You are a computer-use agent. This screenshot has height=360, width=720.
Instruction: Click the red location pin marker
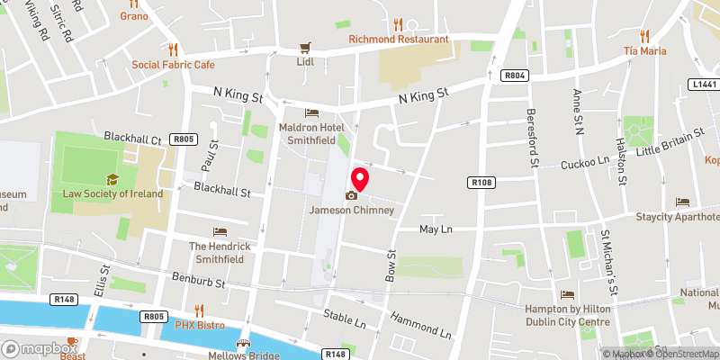click(360, 177)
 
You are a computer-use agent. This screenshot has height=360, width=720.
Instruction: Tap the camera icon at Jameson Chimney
click(351, 195)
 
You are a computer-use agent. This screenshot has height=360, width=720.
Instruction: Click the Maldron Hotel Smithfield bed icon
click(311, 113)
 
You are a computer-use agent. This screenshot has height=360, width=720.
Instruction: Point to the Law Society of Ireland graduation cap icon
click(112, 179)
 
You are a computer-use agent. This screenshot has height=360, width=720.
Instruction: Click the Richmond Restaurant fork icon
click(399, 24)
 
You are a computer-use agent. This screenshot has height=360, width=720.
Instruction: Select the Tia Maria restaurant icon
click(644, 36)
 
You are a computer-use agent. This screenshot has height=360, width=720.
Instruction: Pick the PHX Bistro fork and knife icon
click(198, 310)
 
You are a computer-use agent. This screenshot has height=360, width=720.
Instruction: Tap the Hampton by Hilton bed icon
click(567, 294)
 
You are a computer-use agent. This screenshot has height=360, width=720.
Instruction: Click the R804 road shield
click(515, 76)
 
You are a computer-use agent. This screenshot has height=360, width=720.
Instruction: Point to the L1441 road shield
click(704, 84)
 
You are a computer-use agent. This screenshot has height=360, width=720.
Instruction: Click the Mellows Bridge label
click(243, 354)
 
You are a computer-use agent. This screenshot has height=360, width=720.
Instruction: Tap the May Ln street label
click(436, 229)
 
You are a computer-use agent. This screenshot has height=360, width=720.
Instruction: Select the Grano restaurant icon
click(133, 4)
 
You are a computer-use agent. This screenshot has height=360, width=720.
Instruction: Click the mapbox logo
click(40, 348)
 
